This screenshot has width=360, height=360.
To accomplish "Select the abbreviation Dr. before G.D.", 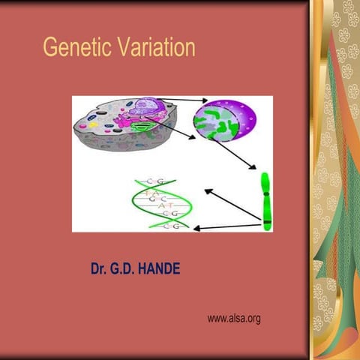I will (x=99, y=268).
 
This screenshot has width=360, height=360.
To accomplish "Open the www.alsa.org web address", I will (x=233, y=319).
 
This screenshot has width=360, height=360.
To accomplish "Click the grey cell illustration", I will (x=124, y=129).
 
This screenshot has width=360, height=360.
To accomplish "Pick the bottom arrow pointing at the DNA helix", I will (x=225, y=226).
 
